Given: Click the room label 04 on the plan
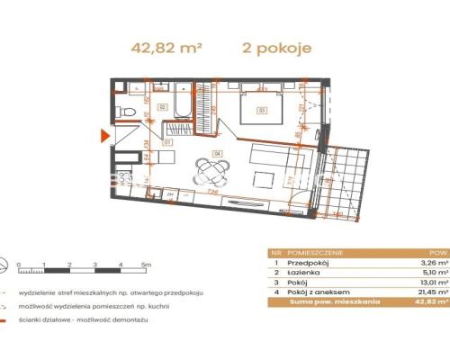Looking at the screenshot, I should click(x=217, y=152).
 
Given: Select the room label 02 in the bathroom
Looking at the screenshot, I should click(x=163, y=106).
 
